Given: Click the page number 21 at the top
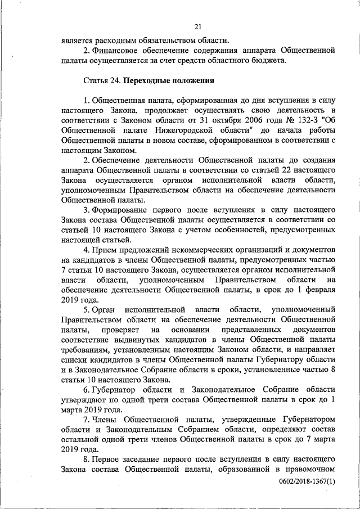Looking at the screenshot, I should click(x=198, y=26).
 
